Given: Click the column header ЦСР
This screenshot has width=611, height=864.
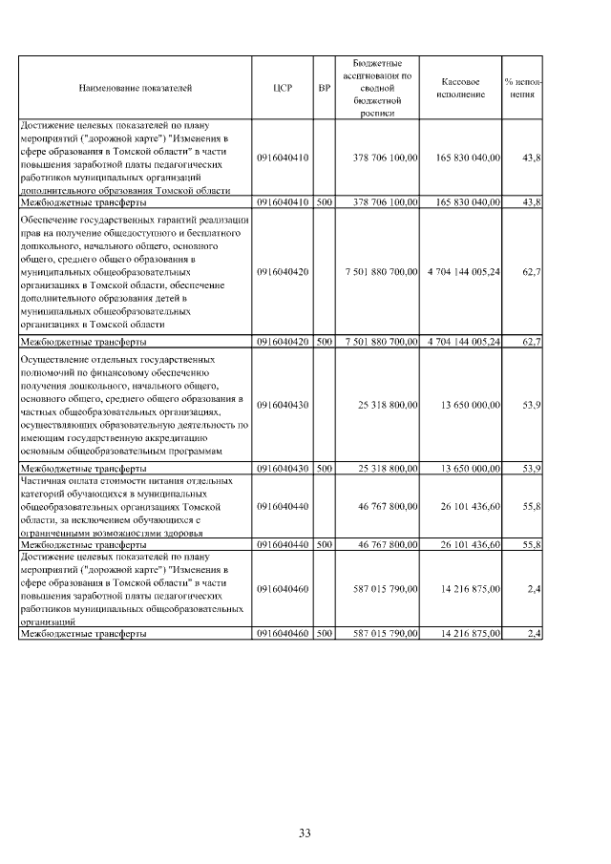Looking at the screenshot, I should [x=283, y=88].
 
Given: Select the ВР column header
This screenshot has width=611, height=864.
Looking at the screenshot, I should [x=325, y=88].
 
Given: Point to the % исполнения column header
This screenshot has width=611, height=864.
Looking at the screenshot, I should [x=522, y=88].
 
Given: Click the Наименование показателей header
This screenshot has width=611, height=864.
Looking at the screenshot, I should [x=136, y=88].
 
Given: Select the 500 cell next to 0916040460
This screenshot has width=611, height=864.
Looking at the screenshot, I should [x=325, y=633].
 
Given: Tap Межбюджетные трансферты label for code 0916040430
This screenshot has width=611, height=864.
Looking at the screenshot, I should [x=84, y=469].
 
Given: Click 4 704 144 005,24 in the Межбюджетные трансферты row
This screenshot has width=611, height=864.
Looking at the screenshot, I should [x=464, y=341].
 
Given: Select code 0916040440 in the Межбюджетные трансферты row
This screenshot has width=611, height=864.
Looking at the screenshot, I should [x=283, y=544].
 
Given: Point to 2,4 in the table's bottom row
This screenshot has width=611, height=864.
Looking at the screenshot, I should [x=535, y=633].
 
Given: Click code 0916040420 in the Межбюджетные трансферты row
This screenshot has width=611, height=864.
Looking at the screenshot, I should [x=283, y=341].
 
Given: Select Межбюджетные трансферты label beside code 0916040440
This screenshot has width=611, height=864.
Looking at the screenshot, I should [x=84, y=544].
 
